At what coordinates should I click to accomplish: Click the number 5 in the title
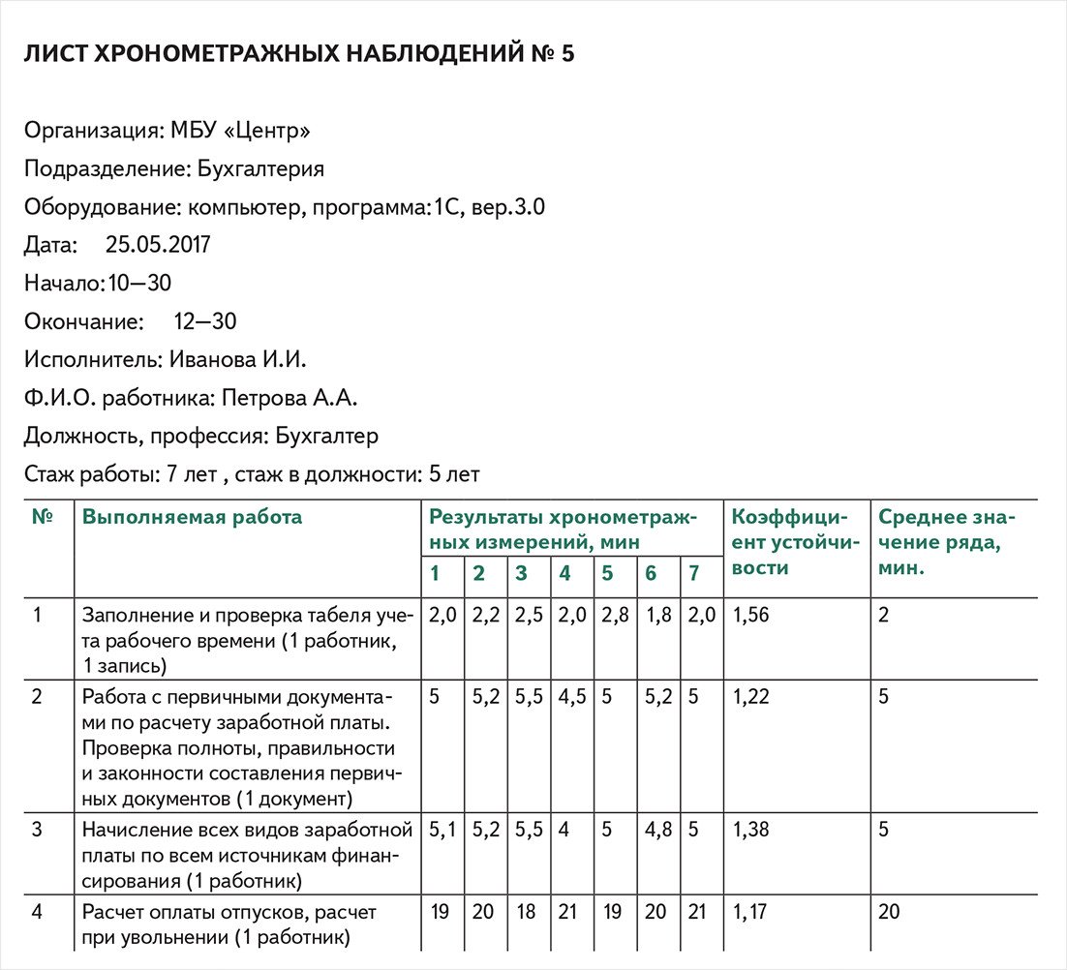(x=567, y=54)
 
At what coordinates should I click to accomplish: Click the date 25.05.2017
(x=158, y=245)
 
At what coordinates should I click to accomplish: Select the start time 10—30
(x=140, y=283)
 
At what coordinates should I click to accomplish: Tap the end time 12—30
(x=205, y=321)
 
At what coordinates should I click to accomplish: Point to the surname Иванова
(x=210, y=359)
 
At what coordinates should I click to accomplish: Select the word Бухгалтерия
(x=260, y=168)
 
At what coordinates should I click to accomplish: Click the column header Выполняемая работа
(x=192, y=517)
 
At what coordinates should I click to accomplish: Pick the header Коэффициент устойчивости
(x=789, y=542)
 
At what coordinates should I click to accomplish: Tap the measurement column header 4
(x=564, y=573)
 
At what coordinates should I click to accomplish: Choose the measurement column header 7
(x=693, y=573)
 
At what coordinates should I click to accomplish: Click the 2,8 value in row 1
(x=607, y=615)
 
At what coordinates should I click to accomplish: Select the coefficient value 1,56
(x=751, y=615)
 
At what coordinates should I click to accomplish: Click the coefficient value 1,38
(x=751, y=830)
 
